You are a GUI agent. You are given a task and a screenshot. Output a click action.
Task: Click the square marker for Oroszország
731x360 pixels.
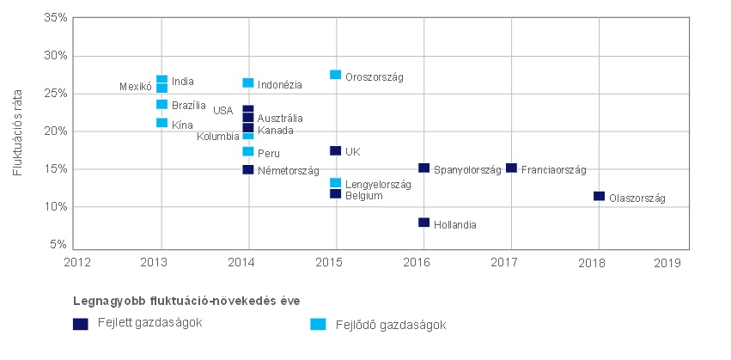336,76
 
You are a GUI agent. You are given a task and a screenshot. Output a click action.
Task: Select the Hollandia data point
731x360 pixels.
423,223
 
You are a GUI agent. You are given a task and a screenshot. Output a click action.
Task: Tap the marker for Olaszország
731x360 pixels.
599,197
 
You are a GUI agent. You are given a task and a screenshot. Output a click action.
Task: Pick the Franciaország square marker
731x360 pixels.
511,168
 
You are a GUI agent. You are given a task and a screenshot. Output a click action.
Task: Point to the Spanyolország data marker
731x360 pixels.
423,168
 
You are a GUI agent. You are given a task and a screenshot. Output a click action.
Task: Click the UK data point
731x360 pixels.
336,151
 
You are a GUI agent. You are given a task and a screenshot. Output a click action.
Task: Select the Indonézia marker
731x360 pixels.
248,83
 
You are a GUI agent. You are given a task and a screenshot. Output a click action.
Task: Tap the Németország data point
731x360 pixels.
248,169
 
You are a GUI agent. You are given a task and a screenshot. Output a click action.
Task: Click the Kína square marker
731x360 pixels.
161,123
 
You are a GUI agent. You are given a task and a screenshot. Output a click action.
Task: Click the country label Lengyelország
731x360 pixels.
378,185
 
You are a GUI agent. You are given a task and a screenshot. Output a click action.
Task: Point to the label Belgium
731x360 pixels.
364,196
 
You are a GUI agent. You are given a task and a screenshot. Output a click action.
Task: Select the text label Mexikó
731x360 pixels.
135,87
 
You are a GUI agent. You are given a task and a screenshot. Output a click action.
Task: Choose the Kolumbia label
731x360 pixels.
218,137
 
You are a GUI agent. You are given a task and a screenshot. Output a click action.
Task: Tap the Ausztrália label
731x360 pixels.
280,119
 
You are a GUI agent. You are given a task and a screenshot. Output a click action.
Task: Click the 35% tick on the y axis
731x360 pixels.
56,18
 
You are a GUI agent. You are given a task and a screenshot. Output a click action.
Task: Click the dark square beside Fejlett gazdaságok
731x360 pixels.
81,324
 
